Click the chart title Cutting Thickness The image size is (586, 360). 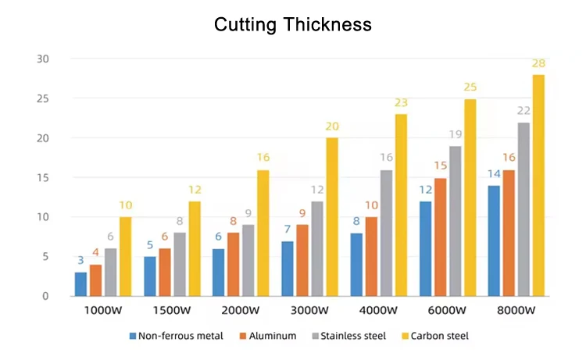pyautogui.click(x=293, y=24)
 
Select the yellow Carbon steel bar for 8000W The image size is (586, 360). pyautogui.click(x=538, y=186)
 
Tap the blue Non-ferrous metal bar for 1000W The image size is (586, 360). pyautogui.click(x=80, y=284)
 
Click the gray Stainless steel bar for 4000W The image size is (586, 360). pyautogui.click(x=386, y=233)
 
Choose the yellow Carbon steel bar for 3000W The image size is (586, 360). pyautogui.click(x=332, y=217)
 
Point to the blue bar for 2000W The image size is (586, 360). pyautogui.click(x=219, y=273)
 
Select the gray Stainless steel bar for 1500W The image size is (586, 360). pyautogui.click(x=180, y=265)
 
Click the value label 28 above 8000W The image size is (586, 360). pyautogui.click(x=538, y=63)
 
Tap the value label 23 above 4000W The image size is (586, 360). pyautogui.click(x=401, y=102)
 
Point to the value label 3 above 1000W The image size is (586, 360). pyautogui.click(x=80, y=261)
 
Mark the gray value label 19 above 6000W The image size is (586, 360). pyautogui.click(x=455, y=134)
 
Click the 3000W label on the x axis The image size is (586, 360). pyautogui.click(x=309, y=311)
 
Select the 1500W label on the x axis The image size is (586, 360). pyautogui.click(x=172, y=311)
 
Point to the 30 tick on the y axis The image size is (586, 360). pyautogui.click(x=43, y=59)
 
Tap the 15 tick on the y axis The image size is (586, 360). pyautogui.click(x=43, y=177)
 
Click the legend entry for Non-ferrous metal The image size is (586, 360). pyautogui.click(x=177, y=337)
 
